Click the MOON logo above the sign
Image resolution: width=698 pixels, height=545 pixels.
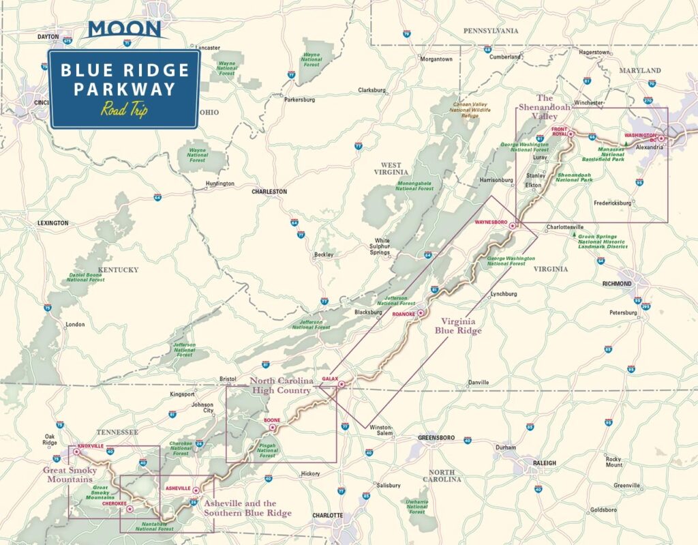(125, 29)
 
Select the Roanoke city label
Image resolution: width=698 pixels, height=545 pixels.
(404, 313)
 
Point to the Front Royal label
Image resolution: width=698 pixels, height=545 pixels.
(559, 131)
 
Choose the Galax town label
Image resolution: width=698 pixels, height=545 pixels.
(330, 379)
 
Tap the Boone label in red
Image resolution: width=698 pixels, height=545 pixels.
(271, 421)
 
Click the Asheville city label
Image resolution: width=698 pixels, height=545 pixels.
(178, 488)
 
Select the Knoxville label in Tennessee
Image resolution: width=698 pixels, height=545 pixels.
(91, 445)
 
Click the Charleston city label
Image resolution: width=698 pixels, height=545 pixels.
(269, 192)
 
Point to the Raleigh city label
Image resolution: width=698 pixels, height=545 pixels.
(545, 462)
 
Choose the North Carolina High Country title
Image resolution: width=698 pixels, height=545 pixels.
(281, 385)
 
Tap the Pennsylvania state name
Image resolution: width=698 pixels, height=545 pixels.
(491, 31)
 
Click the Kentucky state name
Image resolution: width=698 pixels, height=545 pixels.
(119, 269)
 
